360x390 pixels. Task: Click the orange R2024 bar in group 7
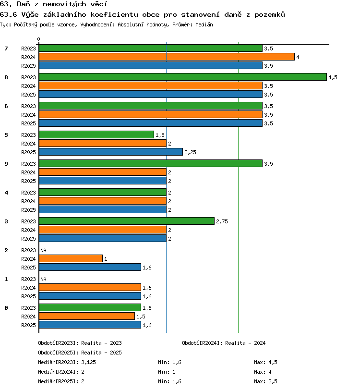pyautogui.click(x=167, y=57)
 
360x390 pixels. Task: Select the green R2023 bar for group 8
pyautogui.click(x=183, y=77)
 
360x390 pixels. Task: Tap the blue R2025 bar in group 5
pyautogui.click(x=111, y=152)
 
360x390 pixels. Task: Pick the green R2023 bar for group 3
pyautogui.click(x=127, y=221)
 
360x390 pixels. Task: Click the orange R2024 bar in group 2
pyautogui.click(x=71, y=259)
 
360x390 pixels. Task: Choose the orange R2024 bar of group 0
pyautogui.click(x=87, y=317)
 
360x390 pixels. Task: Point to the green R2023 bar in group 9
pyautogui.click(x=151, y=163)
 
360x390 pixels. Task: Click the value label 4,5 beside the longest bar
pyautogui.click(x=333, y=77)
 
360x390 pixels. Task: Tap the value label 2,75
pyautogui.click(x=222, y=221)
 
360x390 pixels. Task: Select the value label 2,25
pyautogui.click(x=190, y=152)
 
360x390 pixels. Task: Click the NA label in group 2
pyautogui.click(x=44, y=250)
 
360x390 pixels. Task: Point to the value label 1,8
pyautogui.click(x=160, y=135)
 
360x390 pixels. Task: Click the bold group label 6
pyautogui.click(x=6, y=106)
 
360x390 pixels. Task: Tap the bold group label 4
pyautogui.click(x=6, y=193)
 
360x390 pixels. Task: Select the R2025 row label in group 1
pyautogui.click(x=28, y=296)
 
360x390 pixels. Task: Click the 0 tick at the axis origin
pyautogui.click(x=38, y=39)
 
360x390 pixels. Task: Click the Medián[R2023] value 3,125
pyautogui.click(x=88, y=362)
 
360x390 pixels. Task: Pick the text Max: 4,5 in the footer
pyautogui.click(x=265, y=362)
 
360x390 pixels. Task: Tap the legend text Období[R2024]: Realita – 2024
pyautogui.click(x=224, y=343)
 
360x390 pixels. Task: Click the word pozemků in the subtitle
pyautogui.click(x=269, y=14)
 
